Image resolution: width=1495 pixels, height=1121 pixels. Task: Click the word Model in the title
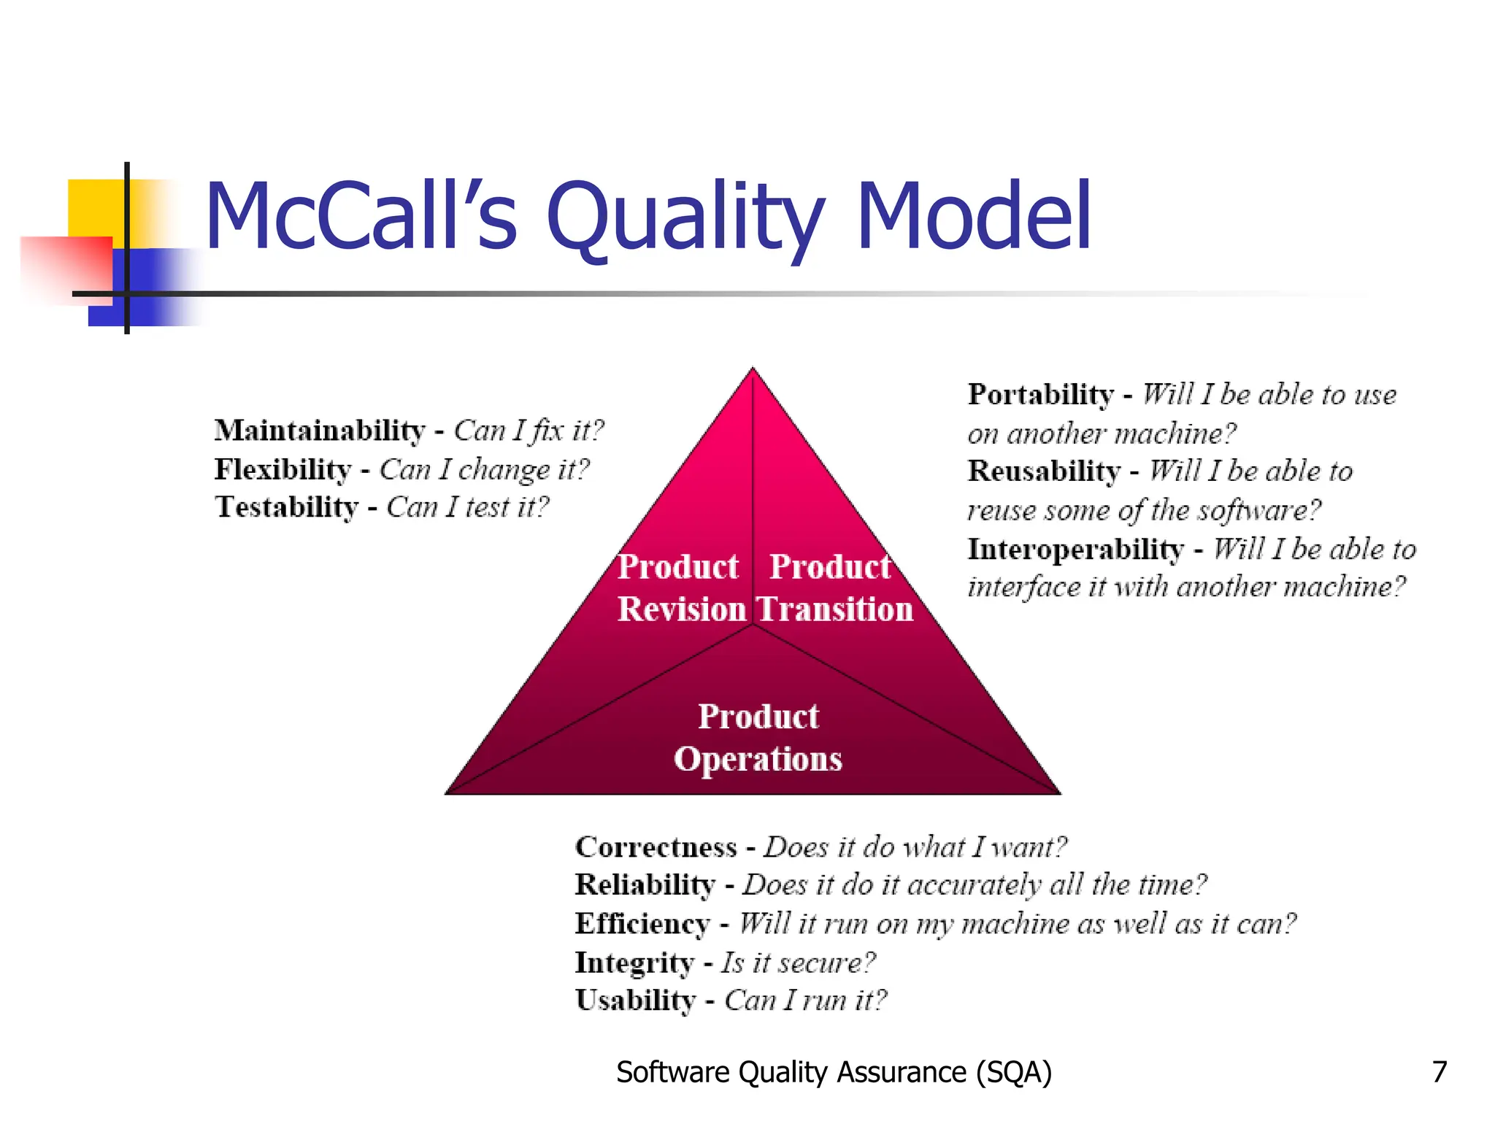[x=974, y=217]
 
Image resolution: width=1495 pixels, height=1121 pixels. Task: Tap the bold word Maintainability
[x=320, y=431]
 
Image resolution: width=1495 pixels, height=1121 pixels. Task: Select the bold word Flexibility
[x=283, y=469]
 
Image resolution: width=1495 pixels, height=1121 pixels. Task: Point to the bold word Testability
[x=287, y=507]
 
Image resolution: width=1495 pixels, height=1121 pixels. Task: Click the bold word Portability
[x=1041, y=395]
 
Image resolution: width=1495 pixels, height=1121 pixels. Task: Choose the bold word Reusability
[x=1044, y=471]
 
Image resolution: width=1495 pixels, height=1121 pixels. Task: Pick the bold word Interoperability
[x=1075, y=549]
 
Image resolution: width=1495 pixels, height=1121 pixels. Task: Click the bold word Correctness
[x=656, y=847]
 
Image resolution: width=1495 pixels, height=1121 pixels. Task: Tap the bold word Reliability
[x=645, y=885]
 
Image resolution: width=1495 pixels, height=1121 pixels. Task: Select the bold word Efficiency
[x=642, y=924]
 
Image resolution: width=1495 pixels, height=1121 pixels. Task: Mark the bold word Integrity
[x=634, y=963]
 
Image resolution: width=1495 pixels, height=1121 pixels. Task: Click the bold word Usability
[x=635, y=1001]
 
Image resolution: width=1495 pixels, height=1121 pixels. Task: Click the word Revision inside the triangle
[x=681, y=609]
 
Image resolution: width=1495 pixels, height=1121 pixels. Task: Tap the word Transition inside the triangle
[x=834, y=609]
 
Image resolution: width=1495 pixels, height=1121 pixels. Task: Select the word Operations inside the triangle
[x=758, y=759]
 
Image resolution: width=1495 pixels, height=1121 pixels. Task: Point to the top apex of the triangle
[x=753, y=369]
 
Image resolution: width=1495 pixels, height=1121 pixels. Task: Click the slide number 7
[x=1439, y=1072]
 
